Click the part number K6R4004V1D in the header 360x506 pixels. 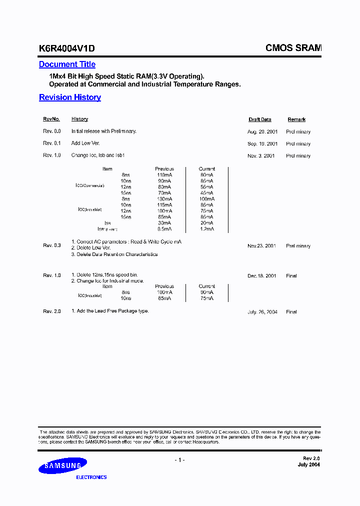[x=66, y=48]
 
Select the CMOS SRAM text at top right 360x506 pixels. [x=293, y=48]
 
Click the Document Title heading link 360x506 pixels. [x=67, y=64]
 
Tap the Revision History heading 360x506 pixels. [x=70, y=97]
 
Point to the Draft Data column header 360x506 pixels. [x=260, y=119]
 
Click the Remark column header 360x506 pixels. [x=296, y=119]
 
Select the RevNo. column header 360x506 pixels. [x=51, y=119]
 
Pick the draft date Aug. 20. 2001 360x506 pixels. [x=261, y=131]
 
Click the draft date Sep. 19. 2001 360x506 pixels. [x=261, y=143]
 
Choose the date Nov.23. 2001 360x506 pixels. [x=261, y=246]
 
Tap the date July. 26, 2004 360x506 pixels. [x=262, y=312]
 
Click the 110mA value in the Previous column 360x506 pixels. [x=163, y=175]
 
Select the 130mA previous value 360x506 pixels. [x=163, y=199]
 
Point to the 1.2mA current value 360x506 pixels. [x=206, y=229]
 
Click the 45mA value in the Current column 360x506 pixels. [x=206, y=193]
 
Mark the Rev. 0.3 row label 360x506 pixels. [x=52, y=245]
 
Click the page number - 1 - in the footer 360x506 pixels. [x=179, y=460]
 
